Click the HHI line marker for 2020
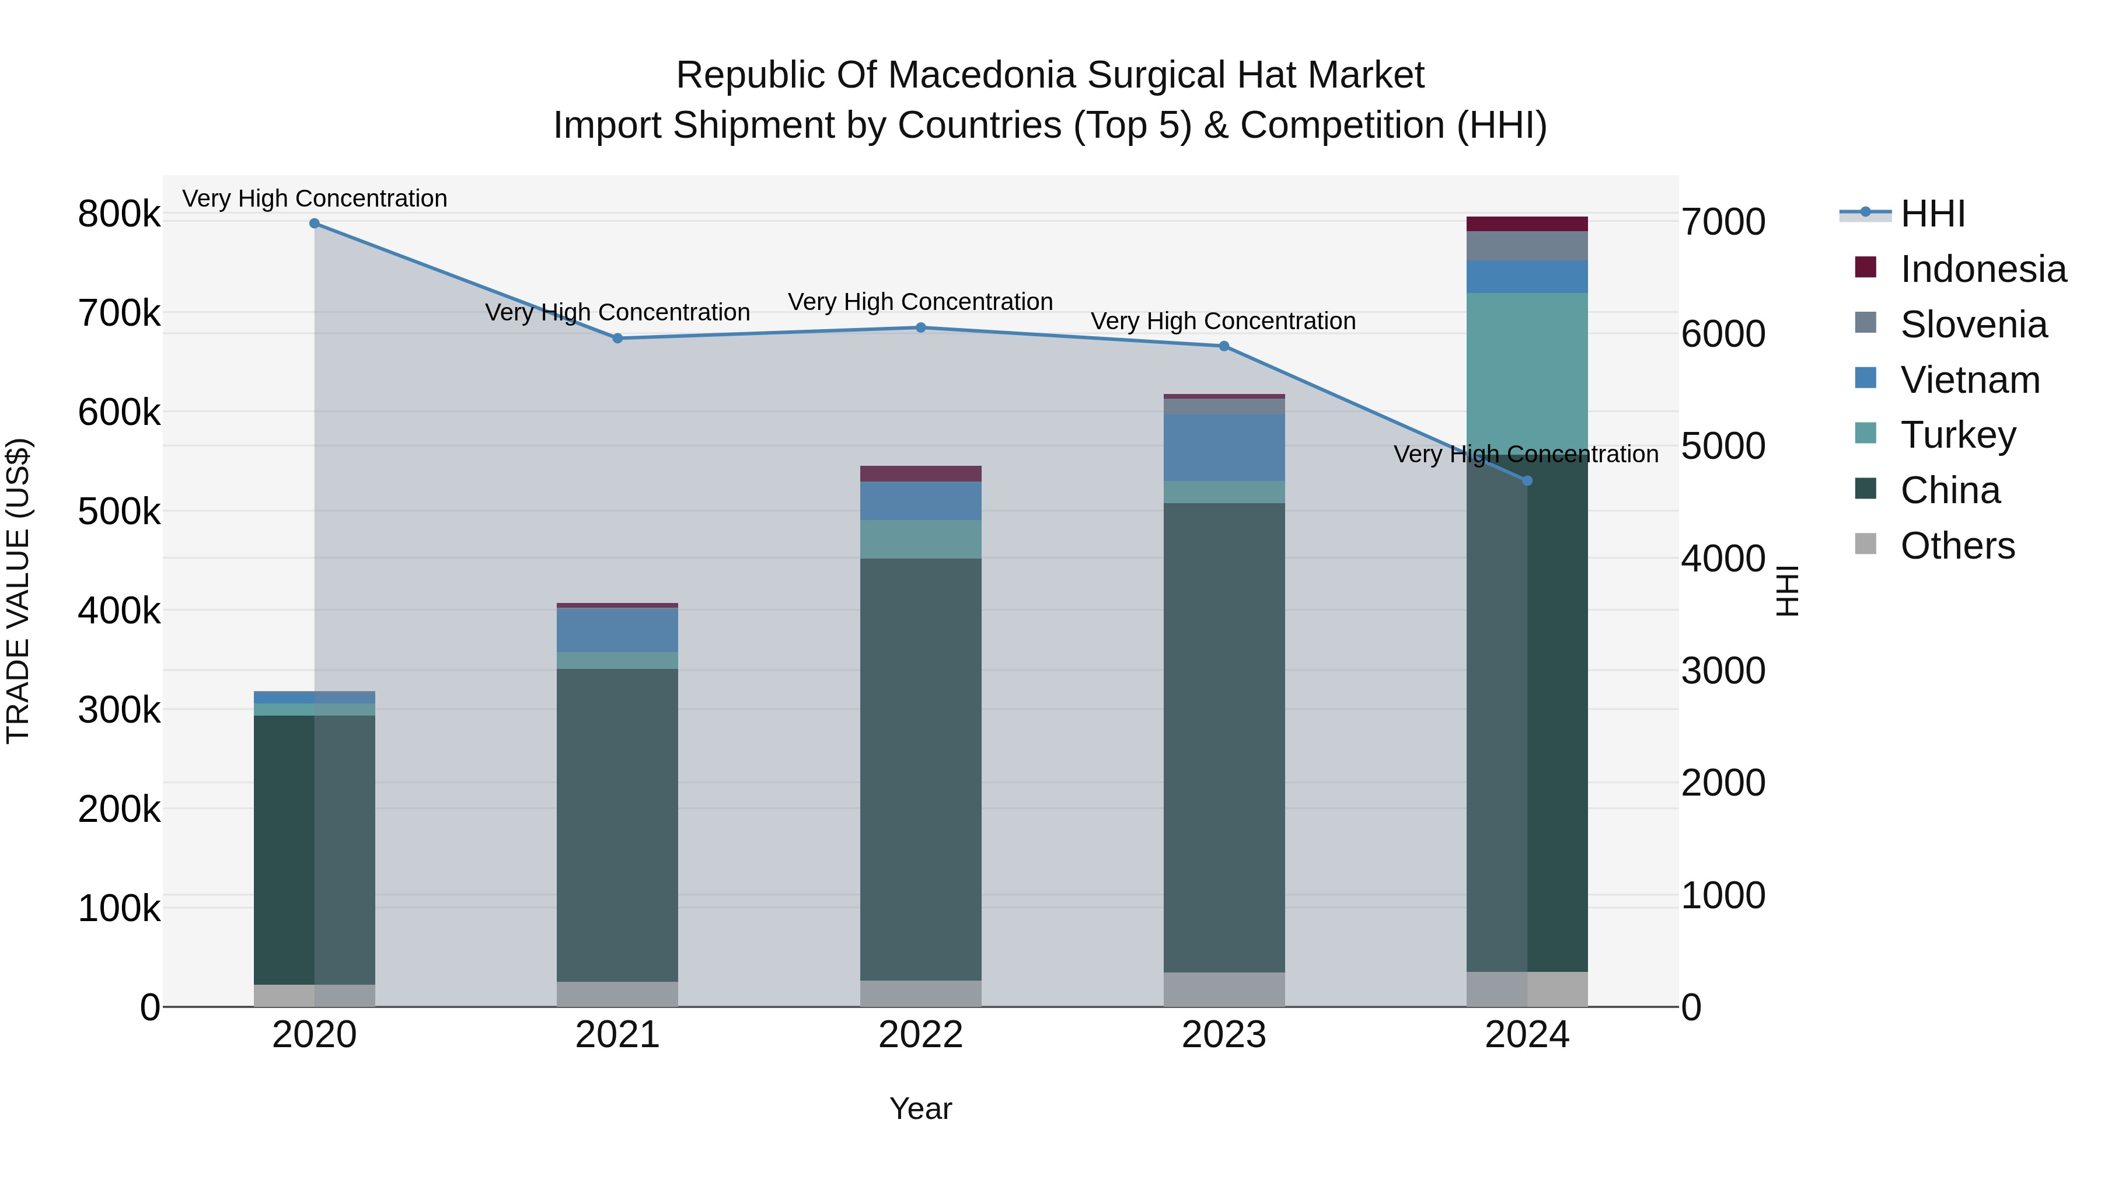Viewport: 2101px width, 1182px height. point(314,224)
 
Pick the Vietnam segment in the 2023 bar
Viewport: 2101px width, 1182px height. point(1223,447)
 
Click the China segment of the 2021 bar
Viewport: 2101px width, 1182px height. point(617,824)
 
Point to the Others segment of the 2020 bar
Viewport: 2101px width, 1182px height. point(314,995)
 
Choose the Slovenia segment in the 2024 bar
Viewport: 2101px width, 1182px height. point(1527,246)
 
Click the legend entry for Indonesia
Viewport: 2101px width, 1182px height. point(1982,269)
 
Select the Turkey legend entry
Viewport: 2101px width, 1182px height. point(1957,435)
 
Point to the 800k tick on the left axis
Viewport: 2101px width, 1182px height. point(119,215)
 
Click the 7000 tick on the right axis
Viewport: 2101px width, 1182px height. point(1723,222)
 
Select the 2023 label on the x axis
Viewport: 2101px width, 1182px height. point(1223,1035)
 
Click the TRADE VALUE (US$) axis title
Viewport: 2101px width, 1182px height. point(18,591)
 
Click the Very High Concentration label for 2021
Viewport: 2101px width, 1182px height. point(617,312)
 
